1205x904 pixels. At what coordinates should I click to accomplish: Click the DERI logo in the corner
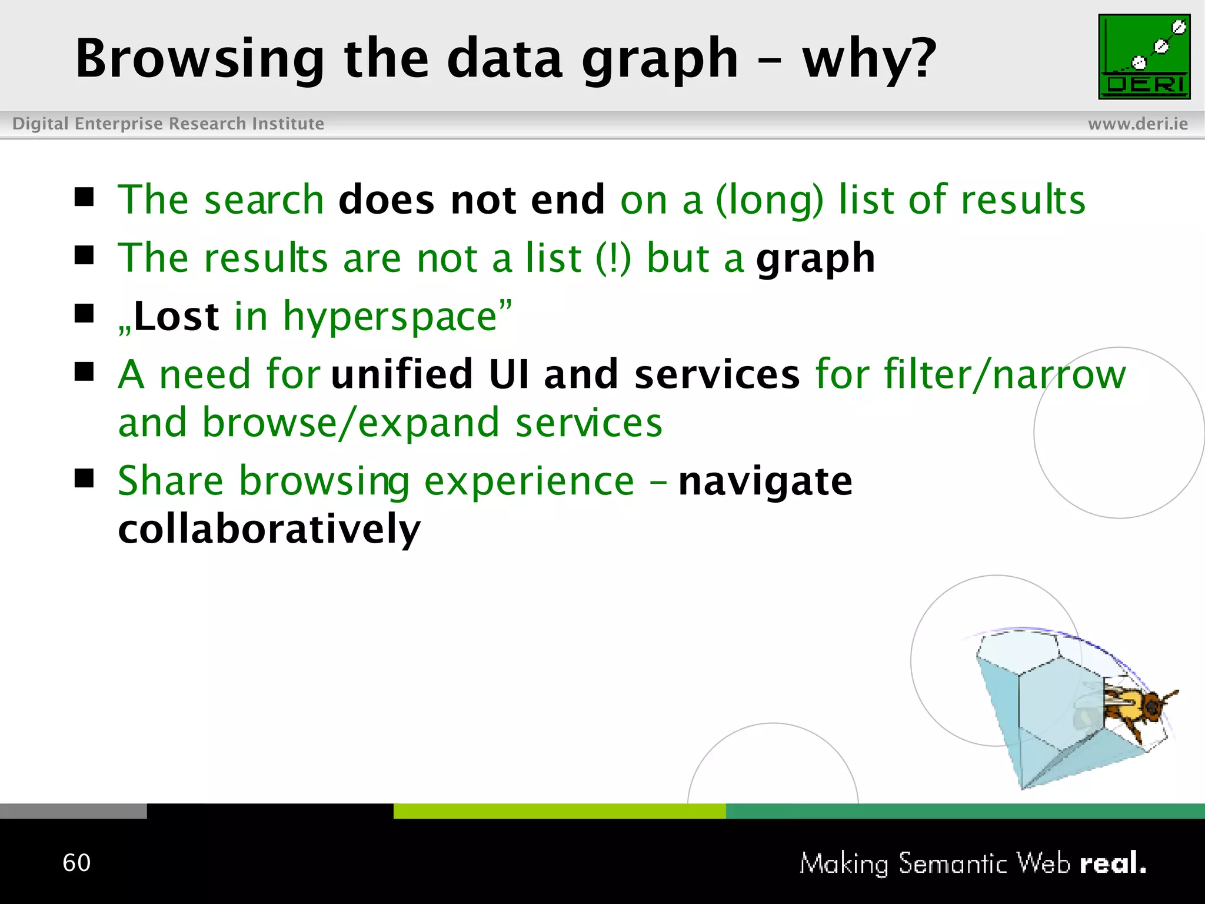coord(1144,56)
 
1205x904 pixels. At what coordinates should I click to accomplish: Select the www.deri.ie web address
coord(1137,124)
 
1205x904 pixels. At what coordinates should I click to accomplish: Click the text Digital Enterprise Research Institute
coord(168,124)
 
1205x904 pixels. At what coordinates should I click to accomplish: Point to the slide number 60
coord(76,863)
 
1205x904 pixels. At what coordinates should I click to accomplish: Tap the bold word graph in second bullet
coord(815,259)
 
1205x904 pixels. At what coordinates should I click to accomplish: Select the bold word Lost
coord(177,317)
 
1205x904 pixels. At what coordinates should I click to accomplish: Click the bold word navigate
coord(765,481)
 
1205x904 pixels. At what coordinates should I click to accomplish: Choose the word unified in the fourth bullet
coord(402,374)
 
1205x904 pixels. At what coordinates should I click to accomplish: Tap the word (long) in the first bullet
coord(769,200)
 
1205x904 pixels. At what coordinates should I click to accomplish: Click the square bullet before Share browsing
coord(84,478)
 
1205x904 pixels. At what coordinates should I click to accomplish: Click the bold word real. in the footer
coord(1112,863)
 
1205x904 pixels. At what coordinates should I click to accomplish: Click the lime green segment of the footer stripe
coord(559,811)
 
